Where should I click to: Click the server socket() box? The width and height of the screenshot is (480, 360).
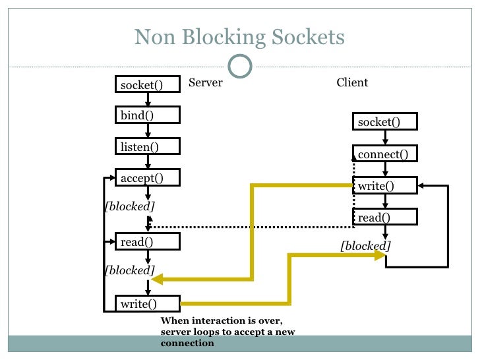tap(148, 84)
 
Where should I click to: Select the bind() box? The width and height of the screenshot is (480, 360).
tap(148, 115)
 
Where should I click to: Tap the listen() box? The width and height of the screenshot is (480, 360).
tap(148, 146)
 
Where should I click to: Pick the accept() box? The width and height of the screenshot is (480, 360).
tap(148, 177)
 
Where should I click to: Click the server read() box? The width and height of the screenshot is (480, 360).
tap(148, 241)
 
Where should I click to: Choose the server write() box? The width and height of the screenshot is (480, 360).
tap(148, 303)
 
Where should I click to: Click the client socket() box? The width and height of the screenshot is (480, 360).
tap(385, 121)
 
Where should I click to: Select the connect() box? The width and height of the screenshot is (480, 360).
tap(385, 154)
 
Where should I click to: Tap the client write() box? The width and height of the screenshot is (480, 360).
tap(385, 185)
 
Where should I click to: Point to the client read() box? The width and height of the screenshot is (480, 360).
tap(385, 217)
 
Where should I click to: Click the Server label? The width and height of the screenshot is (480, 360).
tap(206, 82)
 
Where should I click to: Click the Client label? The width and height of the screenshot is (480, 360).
tap(352, 82)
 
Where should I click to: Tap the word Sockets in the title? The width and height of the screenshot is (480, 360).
tap(308, 37)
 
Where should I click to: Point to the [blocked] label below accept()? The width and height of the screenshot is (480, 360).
tap(129, 206)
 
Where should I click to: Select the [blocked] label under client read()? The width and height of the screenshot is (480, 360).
tap(365, 245)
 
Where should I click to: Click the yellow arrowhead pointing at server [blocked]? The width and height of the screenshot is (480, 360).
tap(157, 279)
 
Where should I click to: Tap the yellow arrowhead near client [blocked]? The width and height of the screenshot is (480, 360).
tap(380, 255)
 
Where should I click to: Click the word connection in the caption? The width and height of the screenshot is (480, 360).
tap(187, 343)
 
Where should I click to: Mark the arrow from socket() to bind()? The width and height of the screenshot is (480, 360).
tap(148, 100)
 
